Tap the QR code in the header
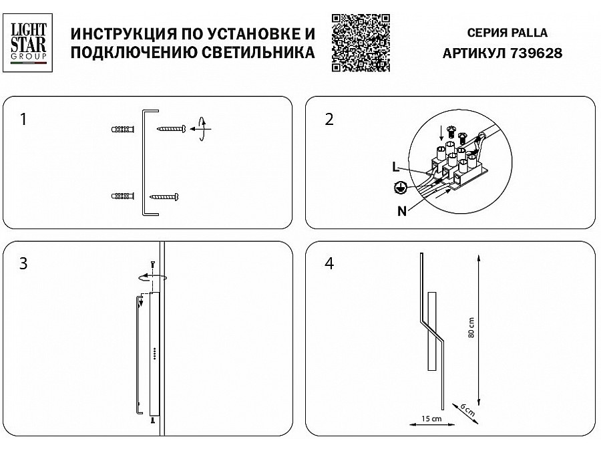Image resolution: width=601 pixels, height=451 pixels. coord(361,42)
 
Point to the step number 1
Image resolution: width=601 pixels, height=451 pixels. coord(24,120)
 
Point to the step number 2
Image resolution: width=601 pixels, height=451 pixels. coord(329,120)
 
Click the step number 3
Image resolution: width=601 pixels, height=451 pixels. coord(24,263)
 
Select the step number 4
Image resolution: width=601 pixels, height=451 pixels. coord(329,263)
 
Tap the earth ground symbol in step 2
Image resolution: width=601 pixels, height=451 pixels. coord(399,188)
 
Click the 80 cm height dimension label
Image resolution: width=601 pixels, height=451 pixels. coord(471,327)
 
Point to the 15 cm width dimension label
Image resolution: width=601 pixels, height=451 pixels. coord(430,419)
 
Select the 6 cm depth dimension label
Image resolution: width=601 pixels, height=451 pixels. coord(467,409)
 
